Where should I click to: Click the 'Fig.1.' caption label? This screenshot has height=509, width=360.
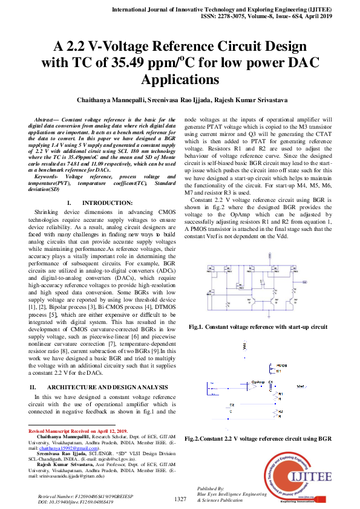click(x=199, y=326)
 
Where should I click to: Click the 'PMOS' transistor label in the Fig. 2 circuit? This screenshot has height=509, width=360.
click(x=281, y=366)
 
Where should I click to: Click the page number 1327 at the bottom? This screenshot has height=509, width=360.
click(x=180, y=499)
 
